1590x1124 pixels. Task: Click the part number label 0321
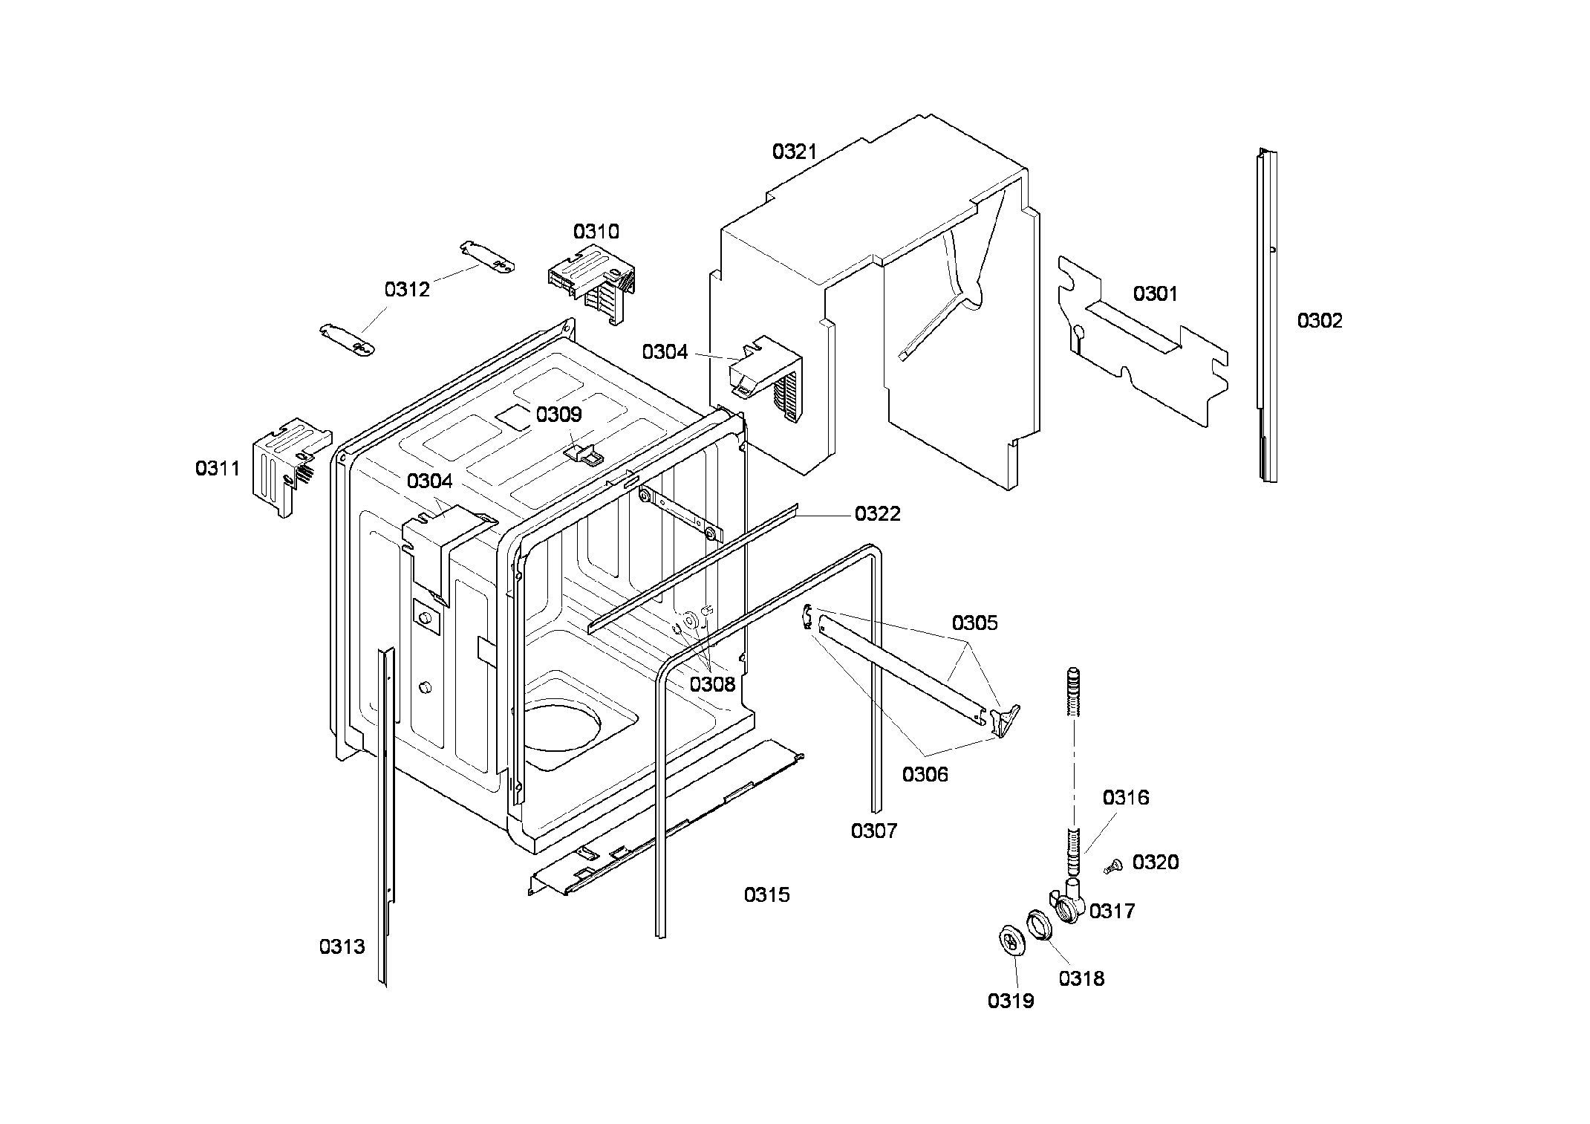click(x=794, y=152)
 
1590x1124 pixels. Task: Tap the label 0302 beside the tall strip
click(x=1320, y=320)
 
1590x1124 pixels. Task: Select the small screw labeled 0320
click(x=1112, y=865)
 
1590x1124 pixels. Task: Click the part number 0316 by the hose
click(x=1125, y=797)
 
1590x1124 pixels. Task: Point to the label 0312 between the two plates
click(x=407, y=289)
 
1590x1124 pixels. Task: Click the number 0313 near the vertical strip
click(x=342, y=946)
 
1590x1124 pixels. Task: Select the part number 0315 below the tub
click(x=766, y=894)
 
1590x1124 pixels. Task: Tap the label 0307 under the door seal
click(x=873, y=831)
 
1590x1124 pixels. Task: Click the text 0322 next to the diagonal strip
click(x=877, y=513)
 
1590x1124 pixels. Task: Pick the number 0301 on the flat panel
click(x=1155, y=293)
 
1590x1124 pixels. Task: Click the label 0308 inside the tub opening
click(x=711, y=684)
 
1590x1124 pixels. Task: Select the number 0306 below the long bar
click(x=925, y=774)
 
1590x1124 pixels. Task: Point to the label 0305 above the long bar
click(x=974, y=623)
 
